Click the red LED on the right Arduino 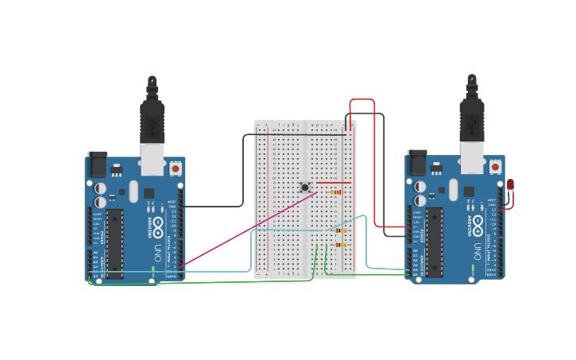(510, 184)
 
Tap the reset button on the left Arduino (175, 168)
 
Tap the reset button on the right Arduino (495, 167)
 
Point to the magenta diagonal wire (246, 229)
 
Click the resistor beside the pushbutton (337, 192)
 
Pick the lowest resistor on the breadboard (342, 245)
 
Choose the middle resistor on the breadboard (342, 230)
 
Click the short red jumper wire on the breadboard (333, 183)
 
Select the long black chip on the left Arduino (115, 243)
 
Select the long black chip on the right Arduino (435, 242)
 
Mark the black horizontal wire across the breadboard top (302, 134)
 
